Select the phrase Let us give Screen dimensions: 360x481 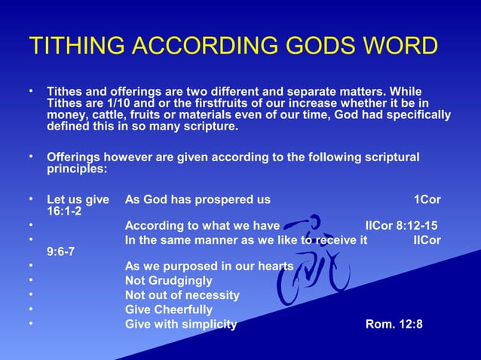(x=77, y=200)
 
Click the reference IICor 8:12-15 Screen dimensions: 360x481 (x=400, y=225)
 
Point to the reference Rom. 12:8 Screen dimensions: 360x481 (x=394, y=325)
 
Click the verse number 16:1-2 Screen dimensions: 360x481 (x=64, y=212)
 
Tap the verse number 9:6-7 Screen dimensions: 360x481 (x=60, y=252)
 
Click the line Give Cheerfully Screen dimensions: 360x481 (x=169, y=310)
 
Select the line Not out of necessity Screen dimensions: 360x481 (x=182, y=295)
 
